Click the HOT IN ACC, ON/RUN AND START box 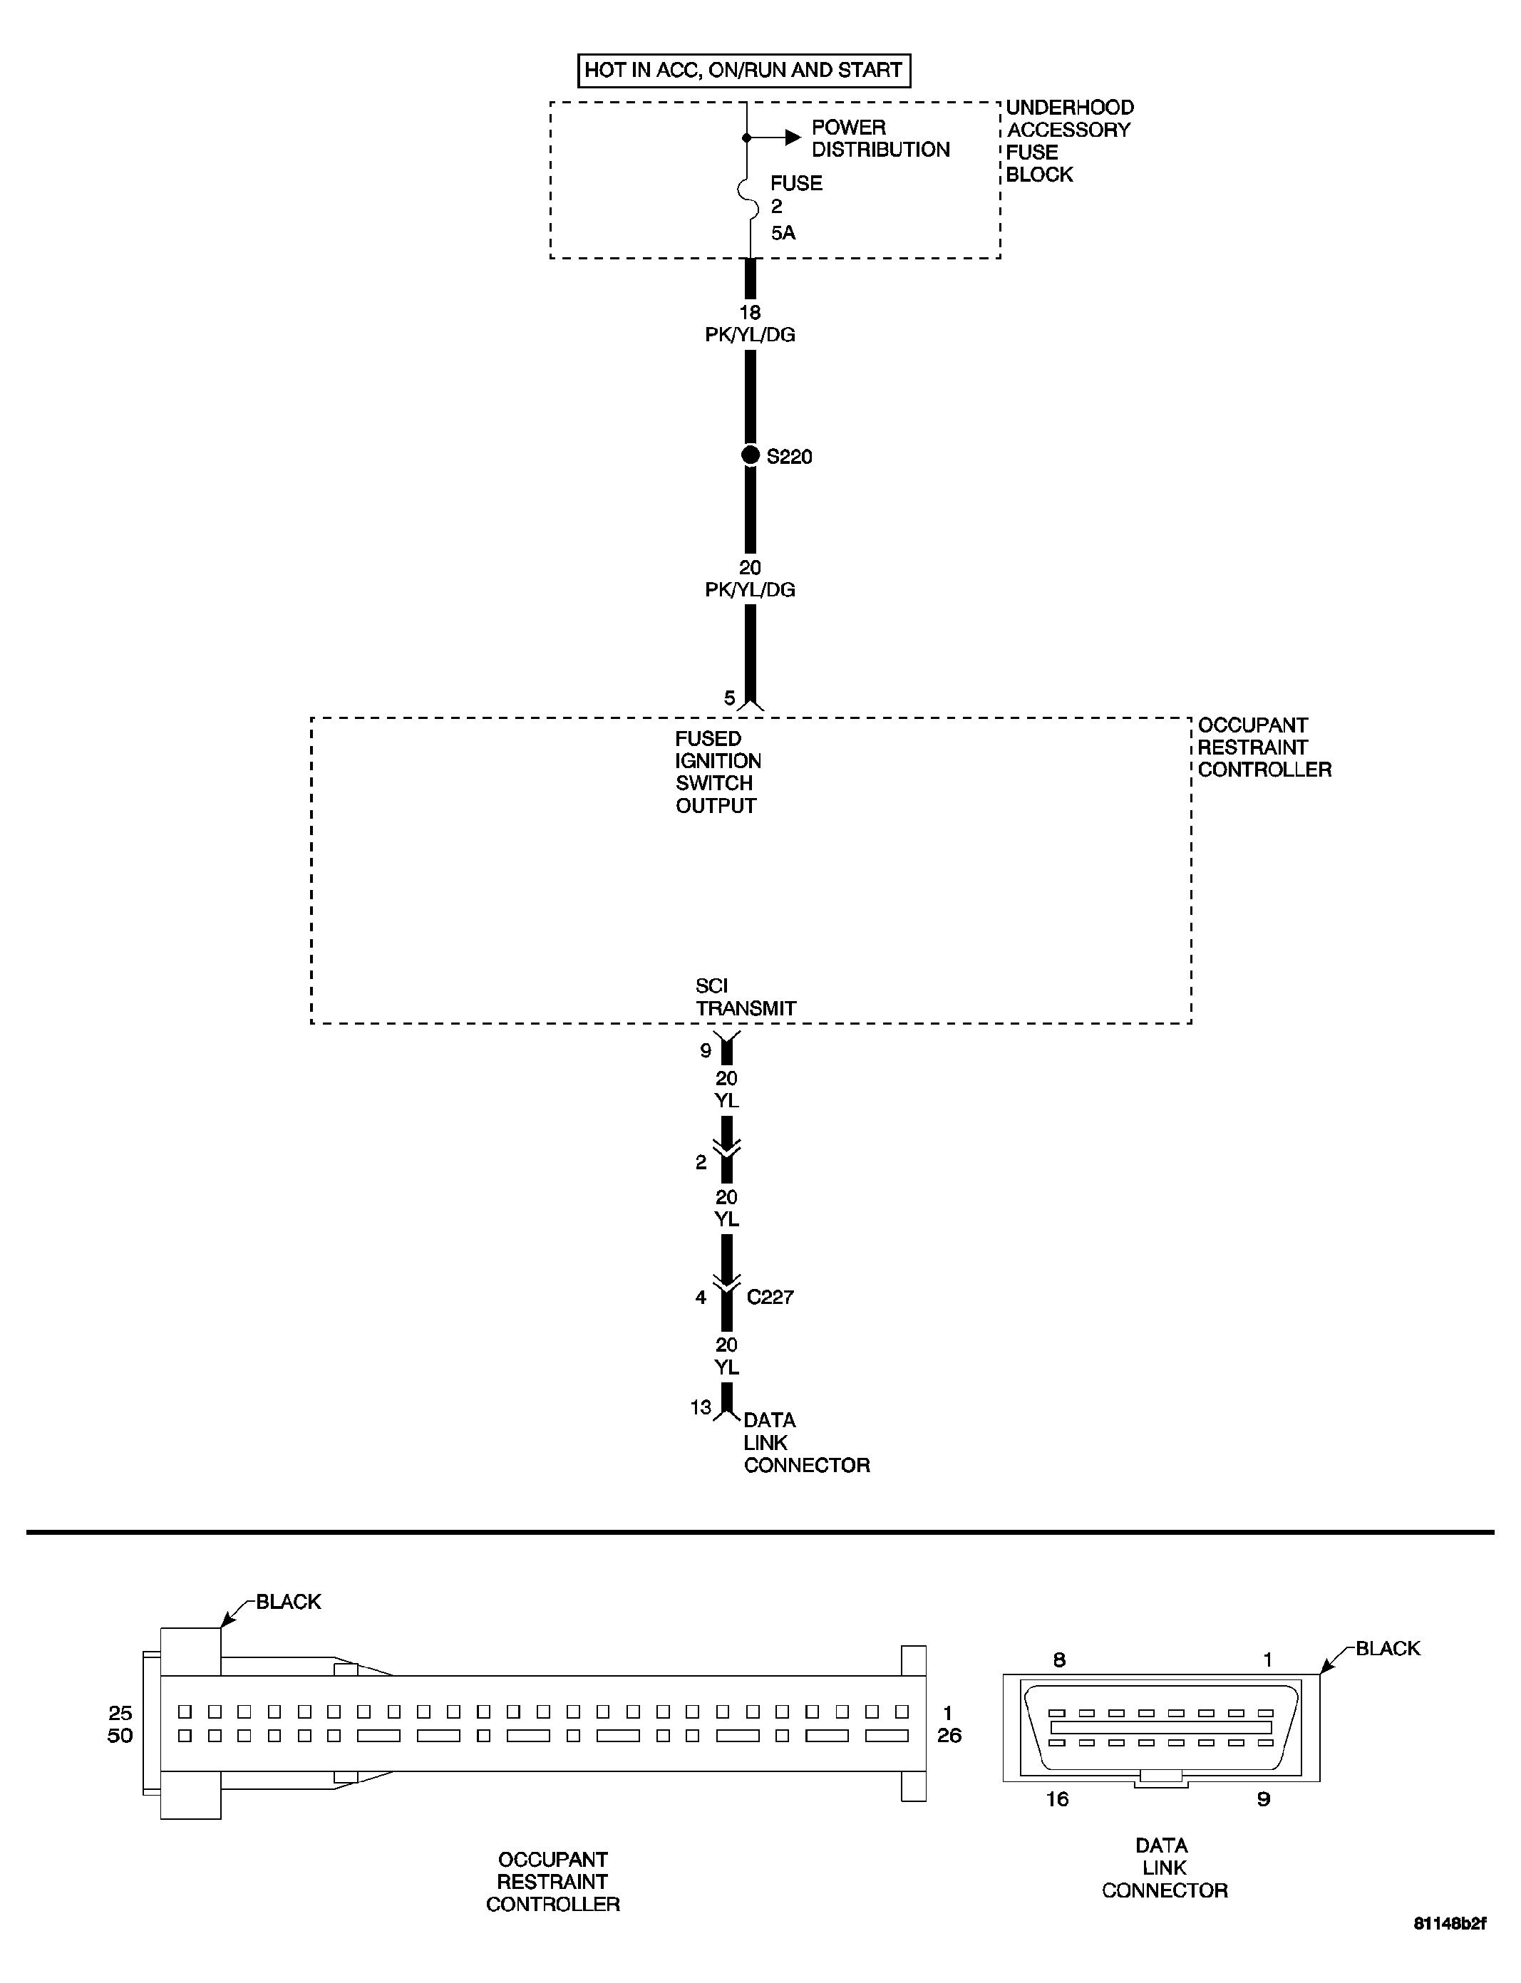click(743, 70)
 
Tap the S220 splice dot click(751, 455)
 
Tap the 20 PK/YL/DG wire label click(750, 579)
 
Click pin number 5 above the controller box click(730, 698)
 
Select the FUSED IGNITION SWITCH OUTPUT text click(717, 772)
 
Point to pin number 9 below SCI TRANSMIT click(706, 1051)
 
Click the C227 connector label click(770, 1297)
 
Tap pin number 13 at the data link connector click(700, 1407)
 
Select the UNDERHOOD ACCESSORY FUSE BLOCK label click(1068, 140)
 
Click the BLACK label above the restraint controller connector click(288, 1601)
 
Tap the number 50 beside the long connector click(120, 1735)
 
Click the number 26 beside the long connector click(949, 1735)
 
